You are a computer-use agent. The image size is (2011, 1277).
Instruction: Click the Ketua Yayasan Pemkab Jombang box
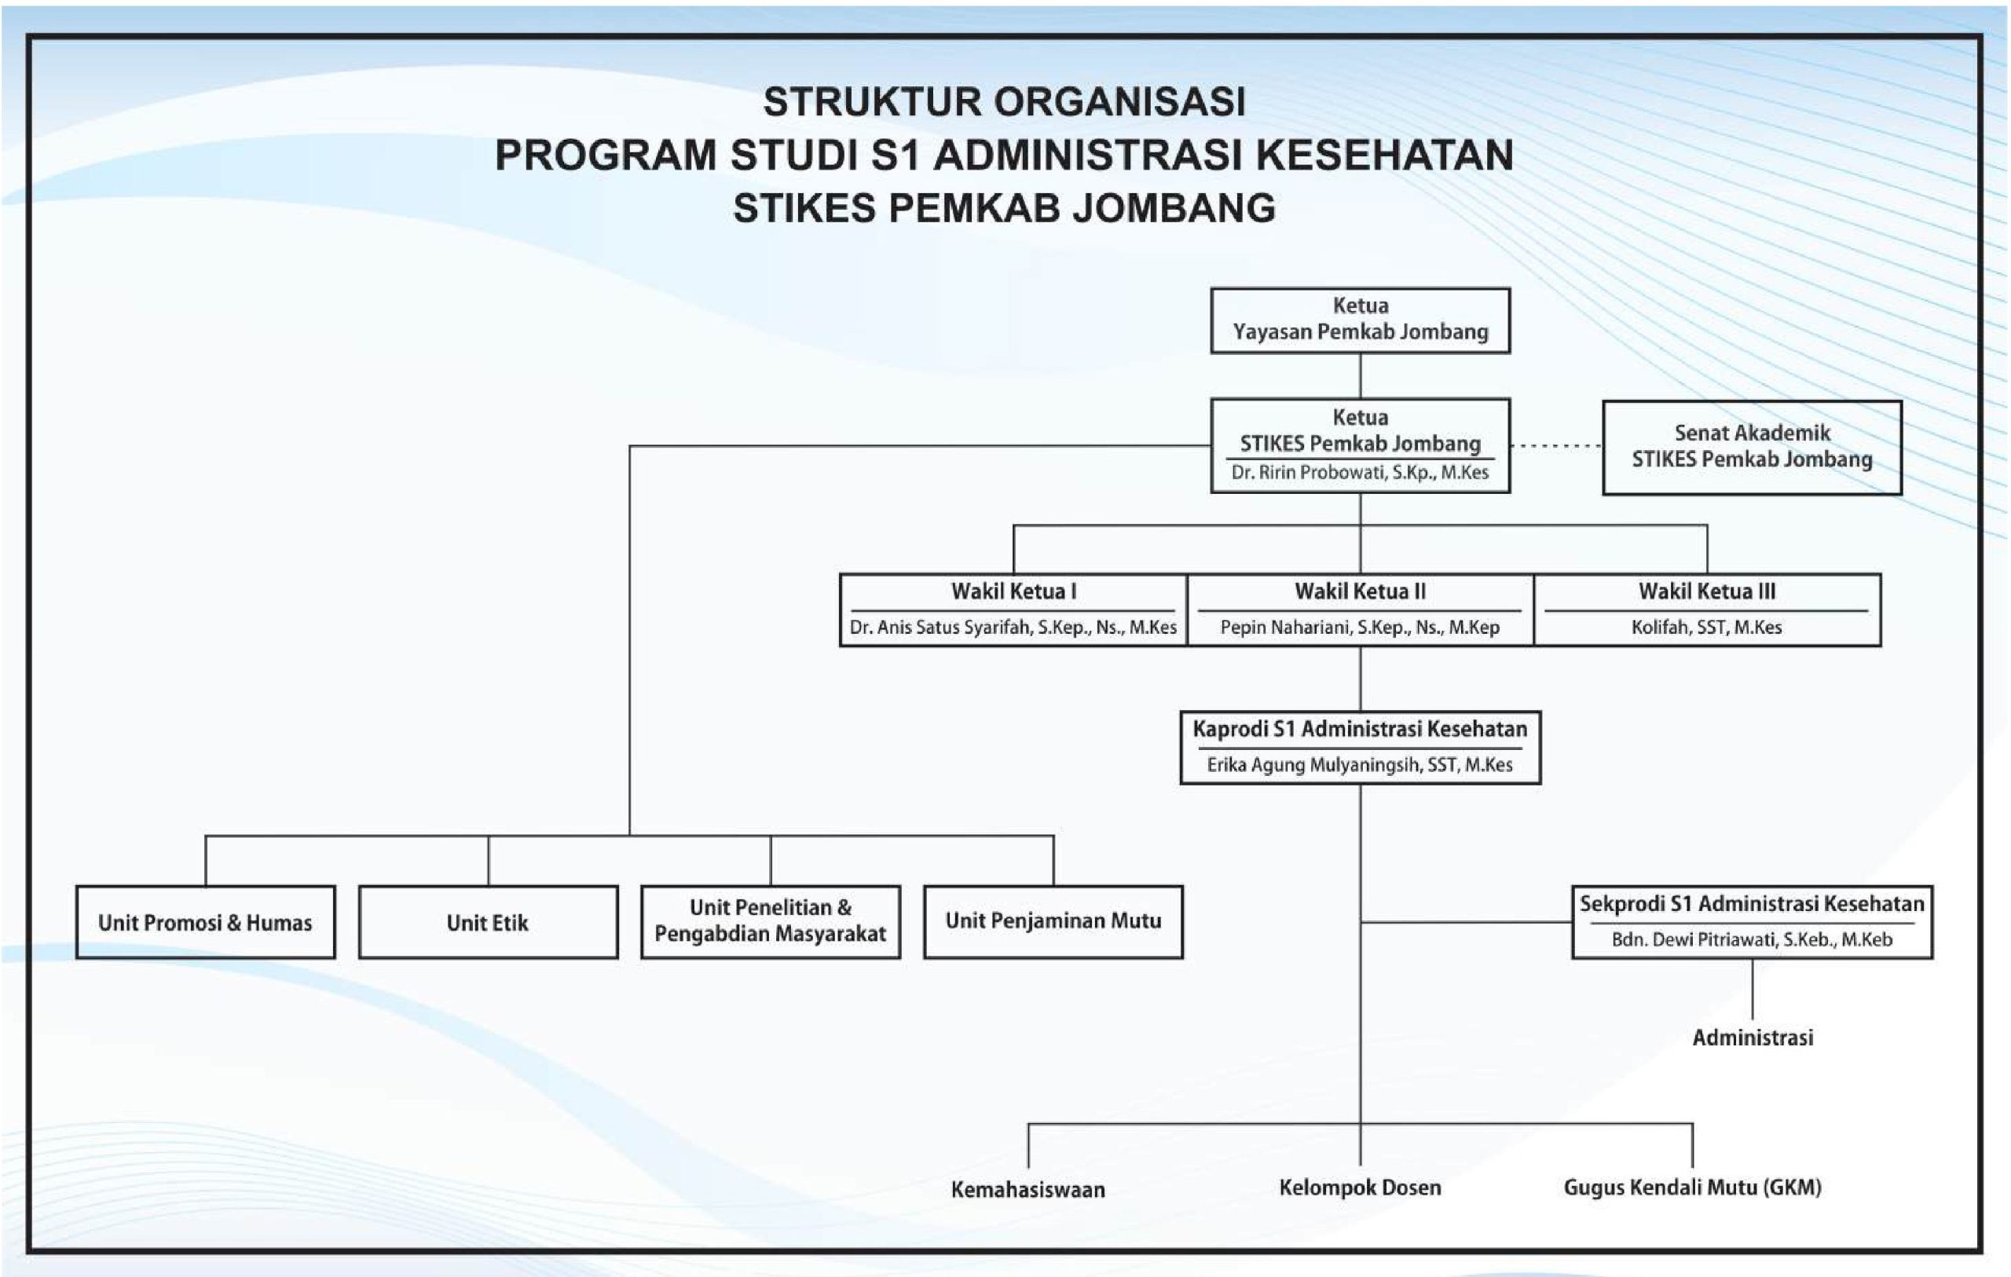pos(1360,320)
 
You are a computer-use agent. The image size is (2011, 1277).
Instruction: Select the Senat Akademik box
pos(1751,447)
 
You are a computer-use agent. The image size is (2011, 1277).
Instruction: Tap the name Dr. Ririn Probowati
pos(1360,473)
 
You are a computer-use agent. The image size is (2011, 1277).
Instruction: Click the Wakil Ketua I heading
pos(1013,591)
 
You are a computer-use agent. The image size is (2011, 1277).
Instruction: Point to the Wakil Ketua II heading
pos(1360,591)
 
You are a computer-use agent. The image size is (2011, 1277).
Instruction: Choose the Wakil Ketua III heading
pos(1706,591)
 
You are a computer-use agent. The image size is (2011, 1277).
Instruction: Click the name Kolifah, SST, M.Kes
pos(1706,628)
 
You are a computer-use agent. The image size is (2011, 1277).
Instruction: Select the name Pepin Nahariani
pos(1360,628)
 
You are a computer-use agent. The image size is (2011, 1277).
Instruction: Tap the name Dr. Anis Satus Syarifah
pos(1013,628)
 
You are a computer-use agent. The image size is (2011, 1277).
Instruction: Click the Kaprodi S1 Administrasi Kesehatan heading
pos(1360,729)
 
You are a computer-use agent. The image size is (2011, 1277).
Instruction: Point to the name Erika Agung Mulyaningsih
pos(1360,764)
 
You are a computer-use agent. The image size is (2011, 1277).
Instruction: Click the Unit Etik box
pos(488,922)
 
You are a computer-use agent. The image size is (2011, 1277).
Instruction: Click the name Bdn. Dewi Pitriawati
pos(1751,939)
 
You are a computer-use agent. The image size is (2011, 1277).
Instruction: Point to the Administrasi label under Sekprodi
pos(1752,1037)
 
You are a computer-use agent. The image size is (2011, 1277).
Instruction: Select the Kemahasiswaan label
pos(1027,1189)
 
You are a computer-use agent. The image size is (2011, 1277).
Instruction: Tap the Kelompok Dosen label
pos(1360,1187)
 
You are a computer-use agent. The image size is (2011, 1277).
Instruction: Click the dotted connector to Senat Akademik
pos(1556,446)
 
